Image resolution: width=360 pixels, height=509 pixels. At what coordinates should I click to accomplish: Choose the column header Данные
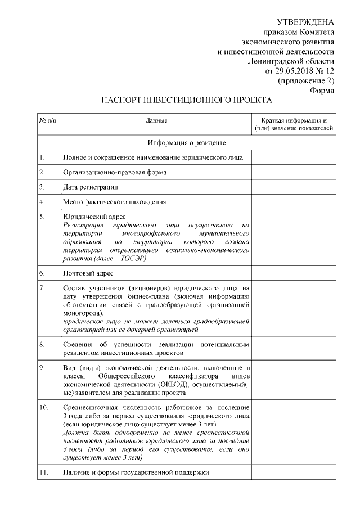tap(156, 120)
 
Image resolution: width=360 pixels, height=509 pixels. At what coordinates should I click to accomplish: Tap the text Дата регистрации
tap(91, 186)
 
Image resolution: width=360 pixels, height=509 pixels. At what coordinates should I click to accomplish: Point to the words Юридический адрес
tap(96, 216)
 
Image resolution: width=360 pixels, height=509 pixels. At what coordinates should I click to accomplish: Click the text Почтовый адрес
tap(88, 273)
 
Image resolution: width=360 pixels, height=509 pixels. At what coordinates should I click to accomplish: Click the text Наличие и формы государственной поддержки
tap(136, 472)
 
